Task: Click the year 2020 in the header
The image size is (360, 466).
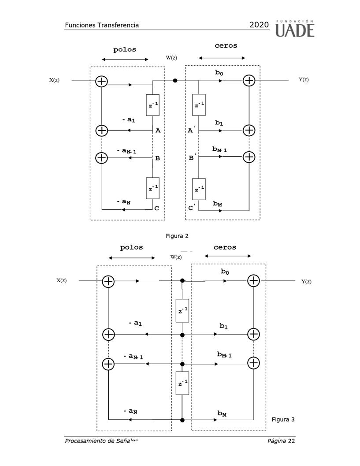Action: click(259, 25)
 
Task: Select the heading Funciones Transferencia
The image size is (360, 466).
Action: click(102, 25)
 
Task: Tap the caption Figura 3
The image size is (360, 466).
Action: click(283, 419)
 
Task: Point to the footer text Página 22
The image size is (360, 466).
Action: click(281, 441)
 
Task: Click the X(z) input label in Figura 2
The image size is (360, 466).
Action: click(54, 80)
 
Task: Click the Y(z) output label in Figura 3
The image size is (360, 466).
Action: click(306, 281)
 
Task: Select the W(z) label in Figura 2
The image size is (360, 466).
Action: click(171, 58)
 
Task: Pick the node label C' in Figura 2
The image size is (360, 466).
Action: click(192, 207)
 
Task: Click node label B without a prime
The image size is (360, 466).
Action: click(157, 158)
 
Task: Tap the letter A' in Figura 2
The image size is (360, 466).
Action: click(191, 130)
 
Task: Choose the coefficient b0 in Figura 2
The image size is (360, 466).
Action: click(219, 73)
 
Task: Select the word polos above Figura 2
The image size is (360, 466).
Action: click(125, 49)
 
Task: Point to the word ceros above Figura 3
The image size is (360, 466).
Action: click(225, 247)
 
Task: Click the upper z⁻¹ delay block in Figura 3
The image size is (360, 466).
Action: click(182, 310)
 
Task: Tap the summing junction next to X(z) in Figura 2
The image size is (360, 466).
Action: click(102, 81)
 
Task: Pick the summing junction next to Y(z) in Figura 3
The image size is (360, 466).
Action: click(253, 280)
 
